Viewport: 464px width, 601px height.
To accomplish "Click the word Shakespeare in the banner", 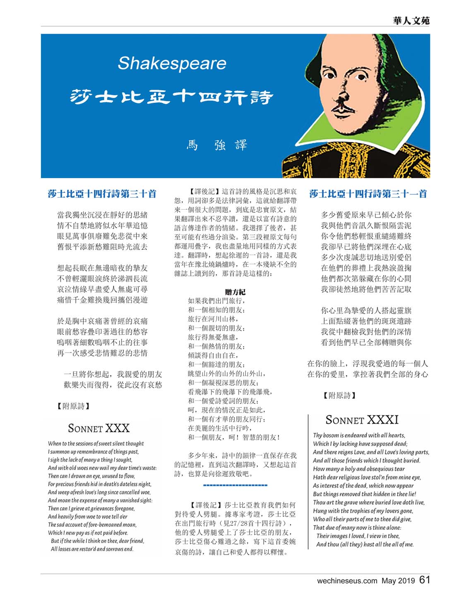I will [172, 63].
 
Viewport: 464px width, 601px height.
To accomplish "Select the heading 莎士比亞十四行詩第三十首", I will [102, 193].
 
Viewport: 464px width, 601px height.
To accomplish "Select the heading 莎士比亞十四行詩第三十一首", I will [368, 193].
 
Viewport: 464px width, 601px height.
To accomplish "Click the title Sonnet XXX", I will [99, 428].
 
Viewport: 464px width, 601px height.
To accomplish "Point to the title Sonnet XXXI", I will [362, 420].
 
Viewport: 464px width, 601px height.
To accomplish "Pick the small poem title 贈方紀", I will [235, 292].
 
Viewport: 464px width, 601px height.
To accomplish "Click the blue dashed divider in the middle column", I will [236, 485].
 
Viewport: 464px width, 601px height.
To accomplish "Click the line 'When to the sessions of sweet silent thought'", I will [96, 444].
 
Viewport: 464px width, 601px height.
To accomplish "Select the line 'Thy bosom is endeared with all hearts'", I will [359, 435].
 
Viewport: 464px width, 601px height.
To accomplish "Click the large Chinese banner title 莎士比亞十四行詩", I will [172, 97].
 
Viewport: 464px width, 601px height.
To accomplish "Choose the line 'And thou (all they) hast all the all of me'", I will [365, 544].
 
